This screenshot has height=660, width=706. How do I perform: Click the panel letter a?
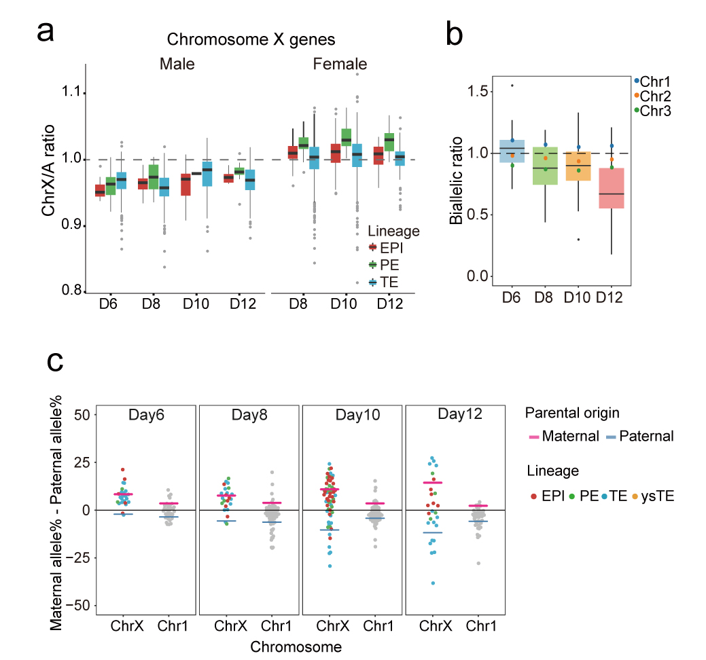click(46, 32)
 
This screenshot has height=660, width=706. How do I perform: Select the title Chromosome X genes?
click(251, 39)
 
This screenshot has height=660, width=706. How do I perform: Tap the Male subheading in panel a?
click(177, 65)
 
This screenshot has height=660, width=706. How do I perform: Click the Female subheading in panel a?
click(340, 65)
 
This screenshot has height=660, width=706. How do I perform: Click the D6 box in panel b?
click(512, 151)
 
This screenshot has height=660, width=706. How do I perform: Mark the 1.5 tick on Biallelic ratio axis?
click(474, 91)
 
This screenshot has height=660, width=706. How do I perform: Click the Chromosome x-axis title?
click(296, 646)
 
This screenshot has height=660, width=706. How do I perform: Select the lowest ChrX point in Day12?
click(431, 583)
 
